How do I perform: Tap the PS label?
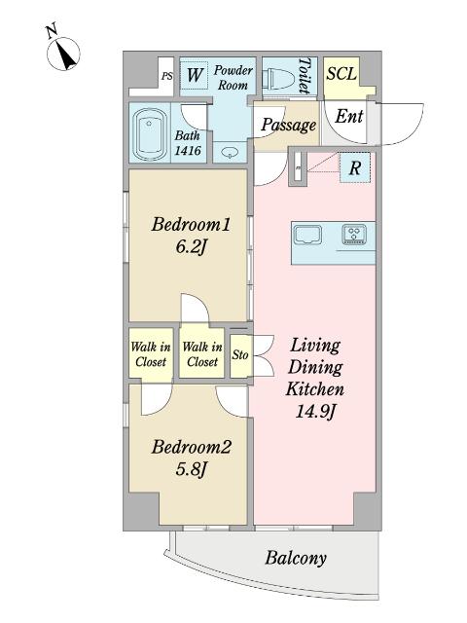(167, 76)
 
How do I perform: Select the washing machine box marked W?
(195, 75)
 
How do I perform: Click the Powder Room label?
(233, 78)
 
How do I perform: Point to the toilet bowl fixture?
(281, 77)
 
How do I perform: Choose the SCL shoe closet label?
(341, 74)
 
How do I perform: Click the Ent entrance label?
(348, 117)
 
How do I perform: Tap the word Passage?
(289, 125)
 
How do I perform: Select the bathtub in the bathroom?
(149, 133)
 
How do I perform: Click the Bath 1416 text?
(188, 143)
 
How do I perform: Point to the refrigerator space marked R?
(354, 167)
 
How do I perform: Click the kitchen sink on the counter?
(307, 236)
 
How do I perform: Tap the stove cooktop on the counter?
(353, 234)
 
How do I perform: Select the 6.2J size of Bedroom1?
(191, 247)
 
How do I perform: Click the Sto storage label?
(240, 354)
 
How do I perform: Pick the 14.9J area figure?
(315, 412)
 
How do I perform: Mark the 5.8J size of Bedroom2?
(191, 470)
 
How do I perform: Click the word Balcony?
(296, 558)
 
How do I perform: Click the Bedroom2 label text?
(191, 448)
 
